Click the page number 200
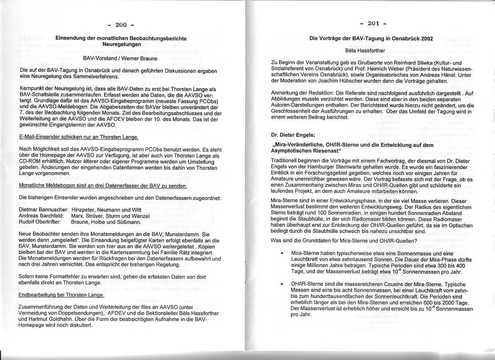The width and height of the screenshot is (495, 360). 121,25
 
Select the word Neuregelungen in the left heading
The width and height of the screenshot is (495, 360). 122,44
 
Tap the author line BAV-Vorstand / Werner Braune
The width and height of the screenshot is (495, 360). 120,58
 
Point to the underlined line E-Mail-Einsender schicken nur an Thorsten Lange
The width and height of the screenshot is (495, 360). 79,137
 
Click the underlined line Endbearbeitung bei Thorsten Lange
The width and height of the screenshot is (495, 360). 61,295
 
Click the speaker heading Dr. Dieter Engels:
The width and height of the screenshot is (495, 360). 293,135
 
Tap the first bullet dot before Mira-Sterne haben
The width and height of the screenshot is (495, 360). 282,253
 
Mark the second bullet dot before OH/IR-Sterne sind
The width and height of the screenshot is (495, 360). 282,285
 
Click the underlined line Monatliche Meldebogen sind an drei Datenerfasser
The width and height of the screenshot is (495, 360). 103,186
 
